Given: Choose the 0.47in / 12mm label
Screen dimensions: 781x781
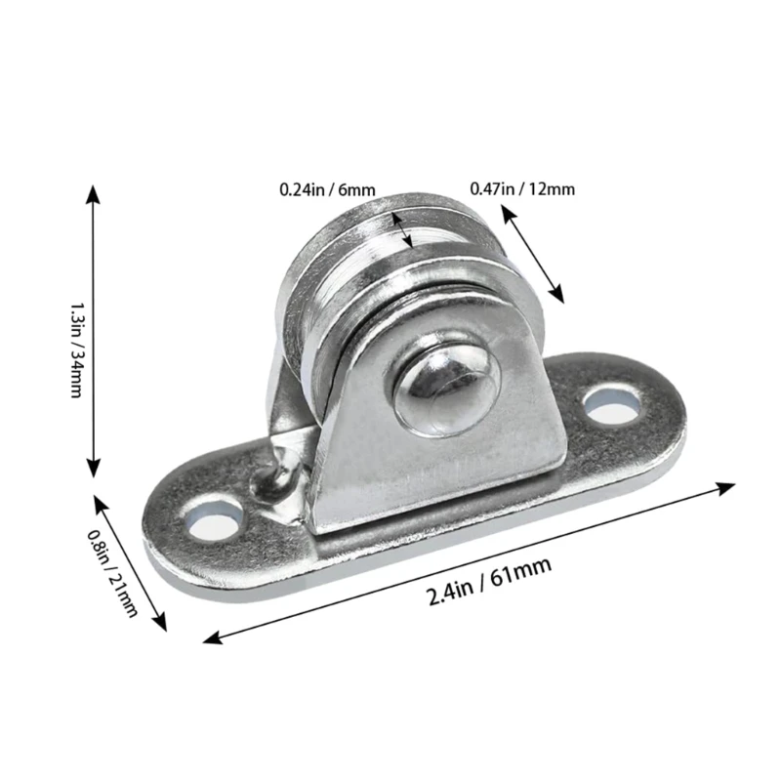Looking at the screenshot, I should [x=522, y=188].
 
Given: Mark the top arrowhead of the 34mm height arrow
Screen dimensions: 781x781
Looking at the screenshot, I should [x=93, y=191].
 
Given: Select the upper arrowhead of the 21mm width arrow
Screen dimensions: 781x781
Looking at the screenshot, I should [x=99, y=501].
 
